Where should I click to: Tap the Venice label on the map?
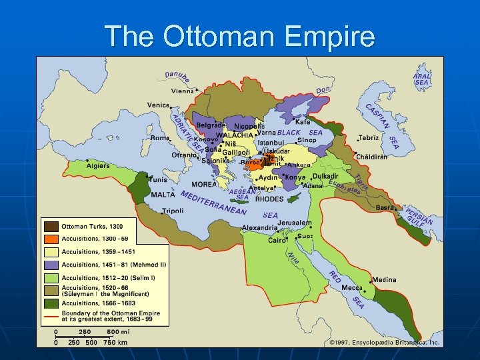click(158, 105)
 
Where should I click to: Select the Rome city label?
click(159, 138)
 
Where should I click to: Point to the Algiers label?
click(98, 165)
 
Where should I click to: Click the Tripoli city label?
click(173, 211)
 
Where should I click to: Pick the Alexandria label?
click(259, 227)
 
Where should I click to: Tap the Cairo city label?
click(277, 241)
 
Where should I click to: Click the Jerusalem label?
click(295, 223)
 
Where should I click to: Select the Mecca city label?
click(351, 288)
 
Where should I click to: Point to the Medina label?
click(384, 280)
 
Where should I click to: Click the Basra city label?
click(385, 207)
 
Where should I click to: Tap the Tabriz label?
click(369, 138)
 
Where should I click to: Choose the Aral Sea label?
click(422, 79)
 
